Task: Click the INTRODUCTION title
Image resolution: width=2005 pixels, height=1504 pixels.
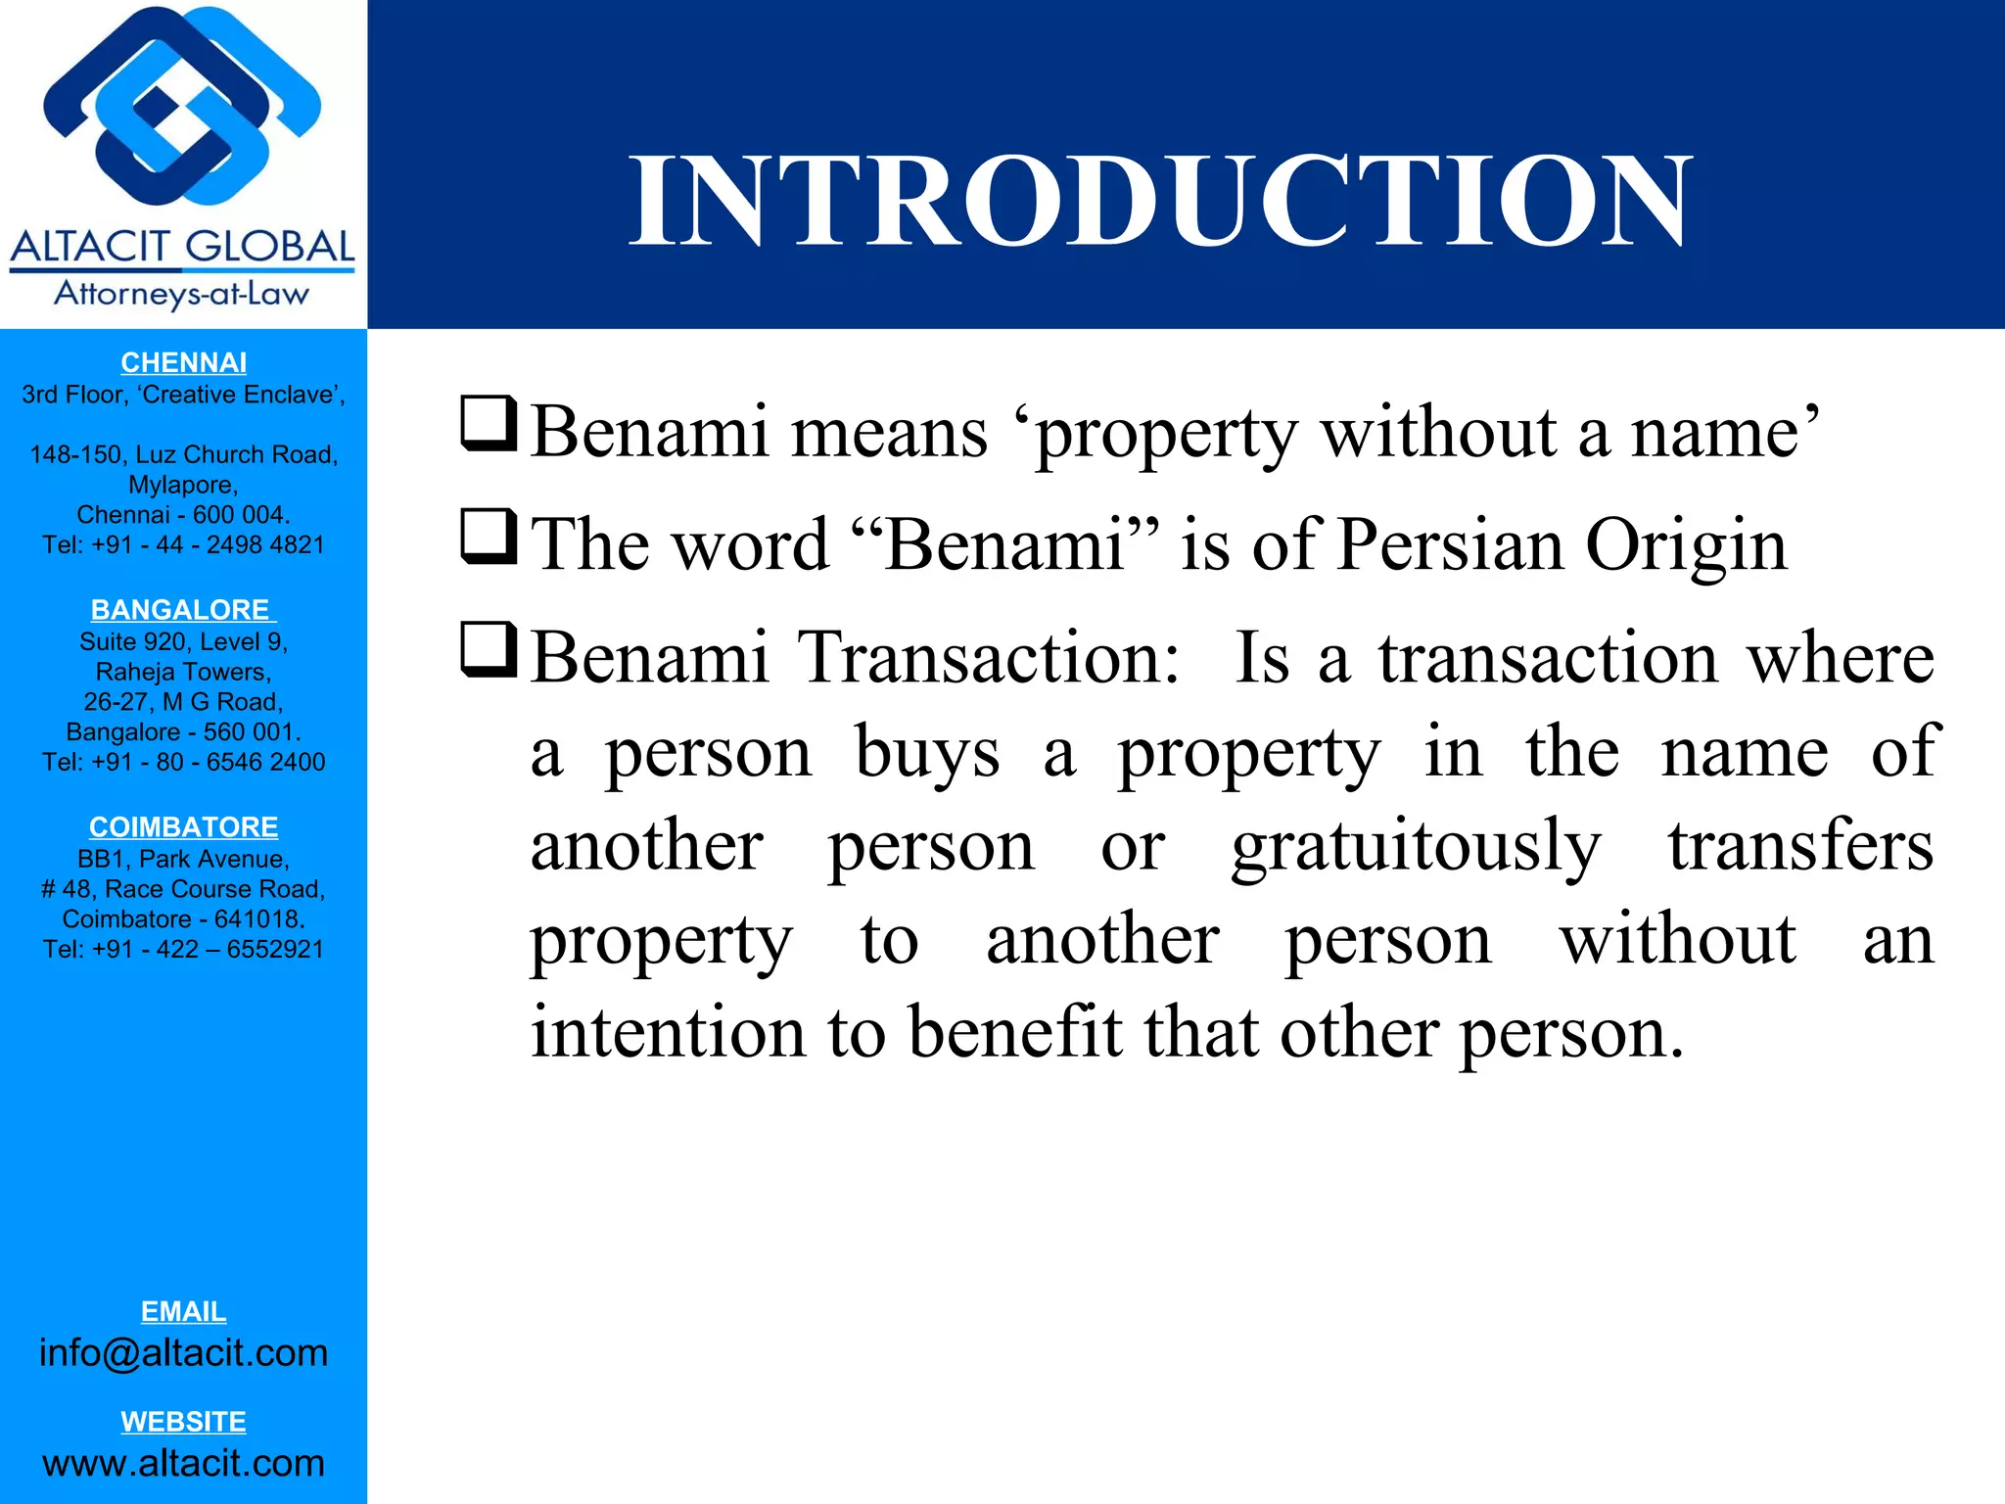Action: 1161,202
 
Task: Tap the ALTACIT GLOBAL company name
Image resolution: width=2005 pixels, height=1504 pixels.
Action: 183,247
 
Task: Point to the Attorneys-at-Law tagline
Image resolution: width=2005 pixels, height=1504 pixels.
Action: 182,294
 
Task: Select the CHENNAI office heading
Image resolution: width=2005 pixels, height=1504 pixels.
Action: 183,362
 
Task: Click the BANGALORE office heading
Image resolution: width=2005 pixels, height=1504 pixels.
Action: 182,610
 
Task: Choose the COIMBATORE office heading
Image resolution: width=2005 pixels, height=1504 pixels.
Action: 183,827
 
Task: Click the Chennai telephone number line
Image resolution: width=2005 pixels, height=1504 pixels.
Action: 183,545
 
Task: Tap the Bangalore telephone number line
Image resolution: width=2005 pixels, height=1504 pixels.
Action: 183,762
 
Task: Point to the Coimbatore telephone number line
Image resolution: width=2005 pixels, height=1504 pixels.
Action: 183,949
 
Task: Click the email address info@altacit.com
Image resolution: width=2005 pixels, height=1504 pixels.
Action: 183,1353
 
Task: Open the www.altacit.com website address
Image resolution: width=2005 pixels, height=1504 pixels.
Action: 183,1463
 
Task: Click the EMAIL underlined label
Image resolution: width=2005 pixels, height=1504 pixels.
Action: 183,1311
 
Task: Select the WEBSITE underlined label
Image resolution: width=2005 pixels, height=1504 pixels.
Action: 183,1422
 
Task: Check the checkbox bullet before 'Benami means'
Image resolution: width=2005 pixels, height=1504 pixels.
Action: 489,424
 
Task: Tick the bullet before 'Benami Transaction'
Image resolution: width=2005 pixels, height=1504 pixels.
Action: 489,650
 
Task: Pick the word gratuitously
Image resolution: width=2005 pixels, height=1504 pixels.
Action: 1416,846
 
